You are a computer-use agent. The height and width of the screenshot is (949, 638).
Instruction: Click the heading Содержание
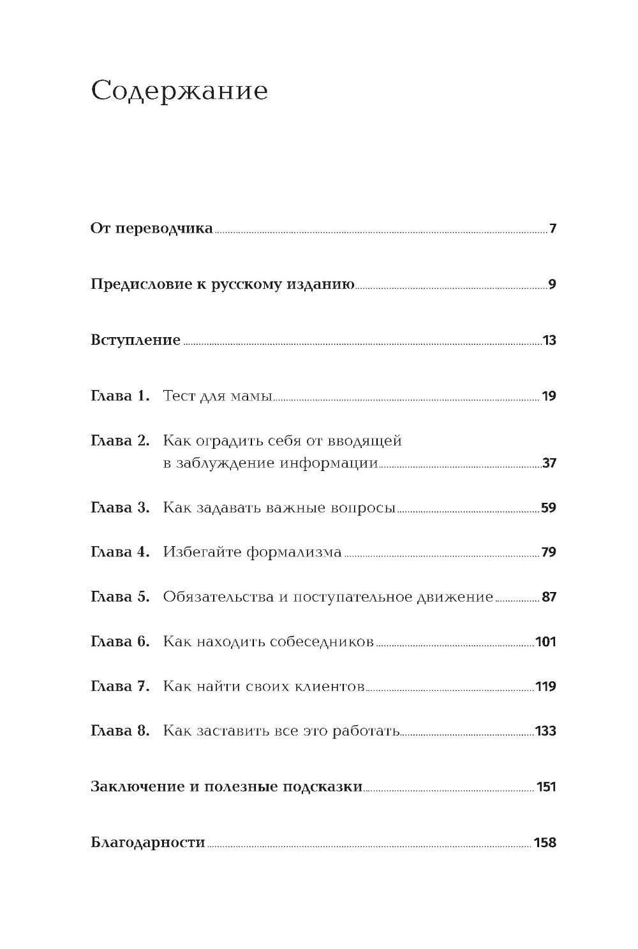pos(179,92)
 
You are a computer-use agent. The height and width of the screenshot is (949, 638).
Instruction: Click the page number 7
pos(553,229)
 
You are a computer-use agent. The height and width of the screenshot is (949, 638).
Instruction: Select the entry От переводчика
pos(152,228)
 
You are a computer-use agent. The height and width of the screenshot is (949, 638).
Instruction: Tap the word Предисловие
pos(139,284)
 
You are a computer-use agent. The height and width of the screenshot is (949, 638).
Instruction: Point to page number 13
pos(549,340)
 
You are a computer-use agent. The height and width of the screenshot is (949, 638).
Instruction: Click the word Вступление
pos(136,340)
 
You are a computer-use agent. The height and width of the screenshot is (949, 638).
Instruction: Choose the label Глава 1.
pos(120,396)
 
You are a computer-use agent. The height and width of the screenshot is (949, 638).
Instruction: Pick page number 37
pos(549,463)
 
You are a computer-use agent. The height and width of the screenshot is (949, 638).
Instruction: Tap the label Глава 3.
pos(120,508)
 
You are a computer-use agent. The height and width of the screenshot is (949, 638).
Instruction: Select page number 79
pos(549,552)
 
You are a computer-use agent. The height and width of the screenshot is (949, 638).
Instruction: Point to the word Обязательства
pos(218,597)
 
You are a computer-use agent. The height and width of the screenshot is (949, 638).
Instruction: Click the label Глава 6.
pos(120,641)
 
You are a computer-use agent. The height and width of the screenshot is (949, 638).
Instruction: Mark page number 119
pos(546,686)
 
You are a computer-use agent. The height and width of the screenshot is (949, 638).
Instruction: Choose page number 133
pos(546,731)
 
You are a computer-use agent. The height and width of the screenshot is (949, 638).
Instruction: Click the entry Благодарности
pos(148,843)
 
